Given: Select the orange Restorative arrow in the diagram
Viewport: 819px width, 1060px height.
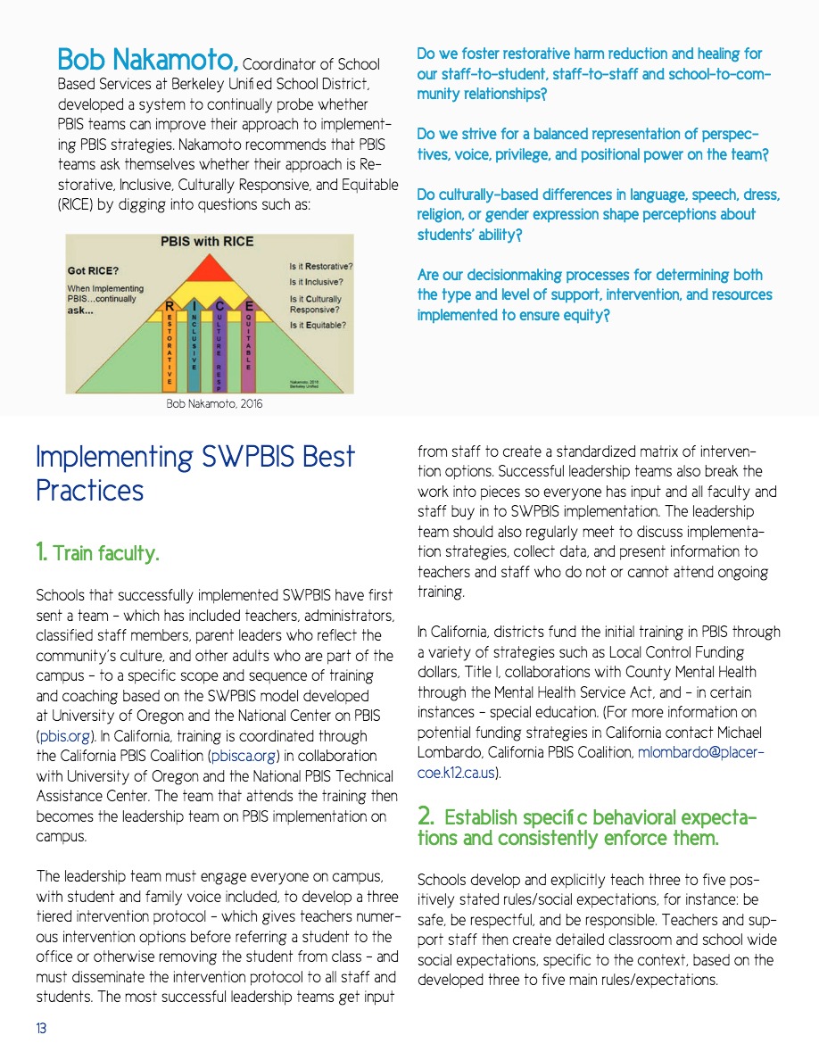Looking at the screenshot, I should (x=170, y=344).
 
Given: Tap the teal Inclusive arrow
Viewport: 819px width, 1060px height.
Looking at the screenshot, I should (x=194, y=344).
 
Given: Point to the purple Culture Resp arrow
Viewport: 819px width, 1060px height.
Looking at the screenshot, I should (x=219, y=344).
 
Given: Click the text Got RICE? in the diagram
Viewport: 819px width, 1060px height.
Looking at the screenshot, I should (x=95, y=269).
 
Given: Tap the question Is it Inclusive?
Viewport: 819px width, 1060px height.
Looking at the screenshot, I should (x=316, y=281).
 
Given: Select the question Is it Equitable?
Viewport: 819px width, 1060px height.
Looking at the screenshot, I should (x=318, y=326).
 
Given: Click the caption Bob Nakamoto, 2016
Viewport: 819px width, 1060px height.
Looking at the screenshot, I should (x=215, y=404).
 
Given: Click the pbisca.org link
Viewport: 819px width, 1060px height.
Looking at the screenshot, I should (x=237, y=757).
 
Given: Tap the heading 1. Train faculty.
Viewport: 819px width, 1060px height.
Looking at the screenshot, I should (x=97, y=553).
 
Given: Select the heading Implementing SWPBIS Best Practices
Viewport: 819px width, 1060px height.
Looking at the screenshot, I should (x=194, y=473).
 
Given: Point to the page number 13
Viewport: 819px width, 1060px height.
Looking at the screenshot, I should (x=41, y=1029).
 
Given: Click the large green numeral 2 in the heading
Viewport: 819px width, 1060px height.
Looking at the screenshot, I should (x=426, y=816).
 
